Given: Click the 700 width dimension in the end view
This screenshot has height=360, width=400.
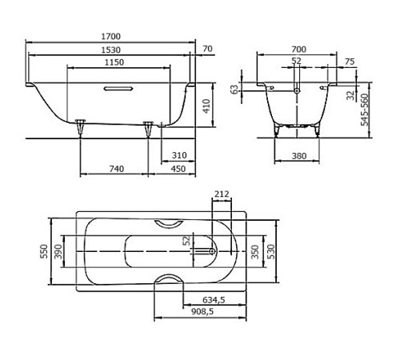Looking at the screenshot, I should coord(298,50).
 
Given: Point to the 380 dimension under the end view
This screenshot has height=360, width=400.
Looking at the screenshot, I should coord(298,156).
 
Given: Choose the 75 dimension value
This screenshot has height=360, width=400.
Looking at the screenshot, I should coord(349,62).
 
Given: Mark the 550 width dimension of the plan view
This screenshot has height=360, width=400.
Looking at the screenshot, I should coord(44,251).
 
